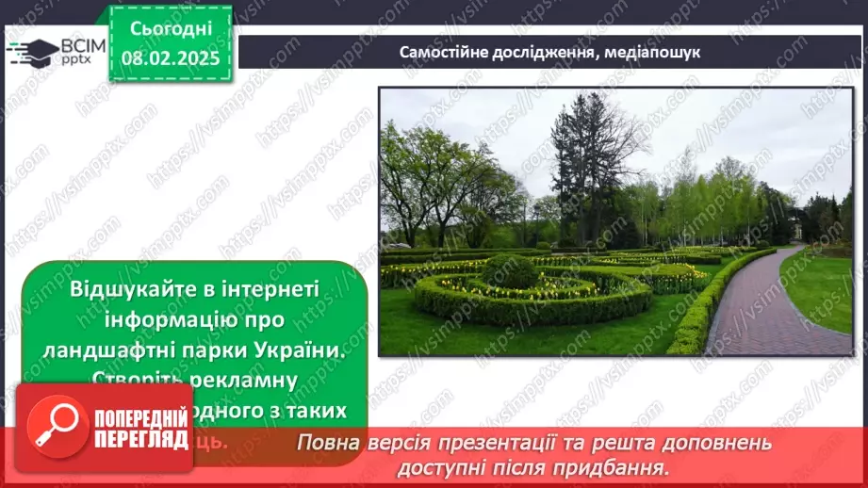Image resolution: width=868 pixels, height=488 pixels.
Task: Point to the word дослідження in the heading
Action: click(x=542, y=53)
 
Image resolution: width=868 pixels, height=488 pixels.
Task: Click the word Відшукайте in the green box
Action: click(x=136, y=288)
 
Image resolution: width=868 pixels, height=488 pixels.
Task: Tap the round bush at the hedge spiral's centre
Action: click(x=510, y=270)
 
